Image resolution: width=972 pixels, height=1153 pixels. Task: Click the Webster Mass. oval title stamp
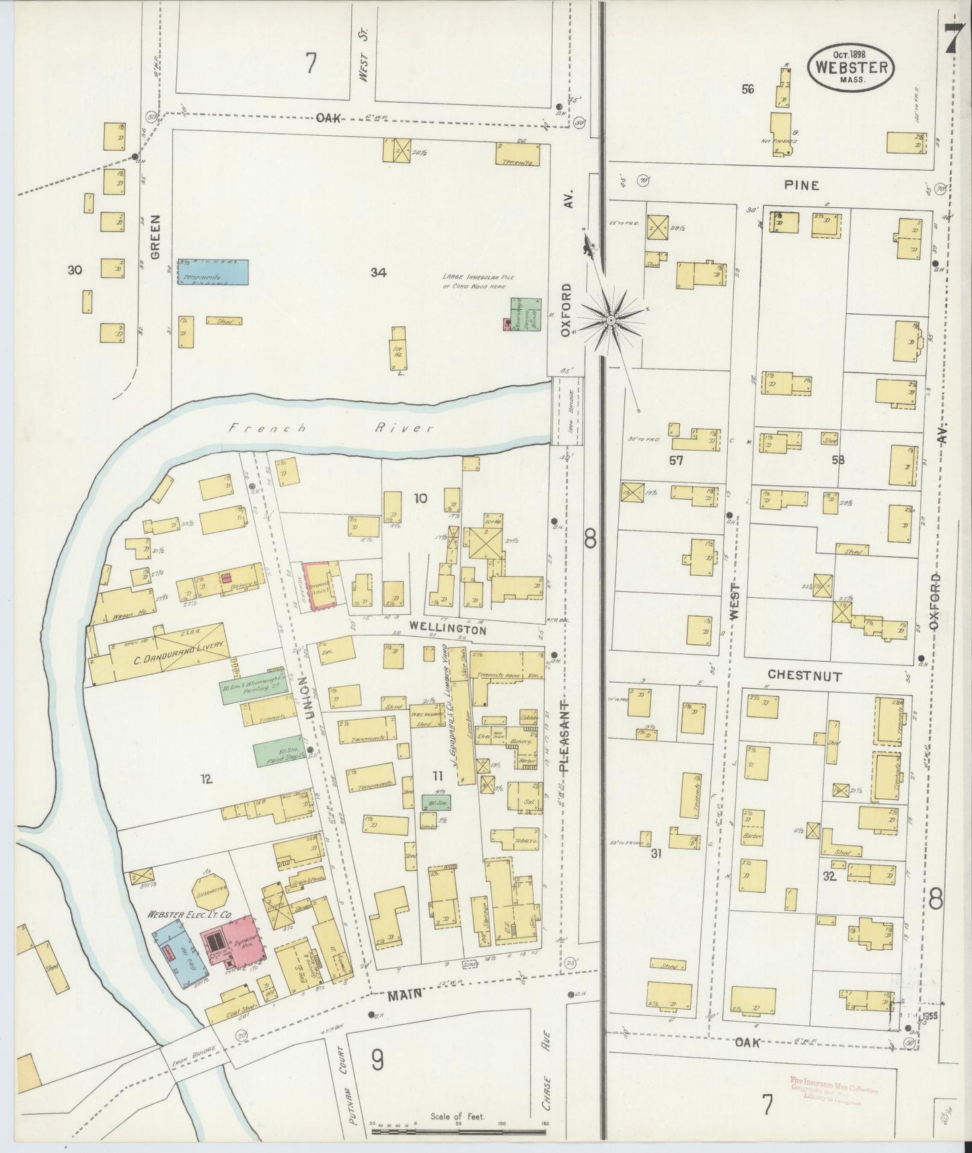tap(851, 67)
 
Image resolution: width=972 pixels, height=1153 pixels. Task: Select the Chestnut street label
tap(805, 675)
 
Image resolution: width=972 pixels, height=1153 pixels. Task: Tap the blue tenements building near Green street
tap(212, 272)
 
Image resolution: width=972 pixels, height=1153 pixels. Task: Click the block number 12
tap(206, 779)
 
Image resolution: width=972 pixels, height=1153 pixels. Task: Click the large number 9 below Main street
tap(377, 1060)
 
